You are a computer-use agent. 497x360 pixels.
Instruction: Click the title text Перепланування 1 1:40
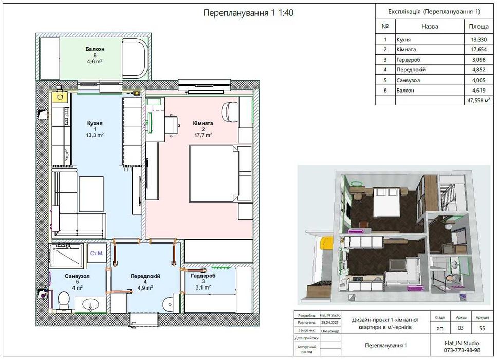(x=249, y=13)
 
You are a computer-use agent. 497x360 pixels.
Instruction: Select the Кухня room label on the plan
(x=95, y=123)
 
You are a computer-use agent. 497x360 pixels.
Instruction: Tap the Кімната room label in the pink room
(x=203, y=123)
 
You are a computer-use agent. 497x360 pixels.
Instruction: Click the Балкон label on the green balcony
(x=95, y=49)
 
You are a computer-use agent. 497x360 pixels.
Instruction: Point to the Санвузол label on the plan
(x=77, y=276)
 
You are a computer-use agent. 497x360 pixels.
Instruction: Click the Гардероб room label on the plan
(x=203, y=276)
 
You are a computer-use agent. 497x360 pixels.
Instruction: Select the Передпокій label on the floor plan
(x=145, y=276)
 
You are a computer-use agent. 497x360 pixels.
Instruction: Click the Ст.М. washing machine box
(x=96, y=254)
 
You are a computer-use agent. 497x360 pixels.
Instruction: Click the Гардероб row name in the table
(x=409, y=60)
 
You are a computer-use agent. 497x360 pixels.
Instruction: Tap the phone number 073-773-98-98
(x=462, y=350)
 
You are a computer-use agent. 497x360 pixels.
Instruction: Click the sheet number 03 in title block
(x=460, y=328)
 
